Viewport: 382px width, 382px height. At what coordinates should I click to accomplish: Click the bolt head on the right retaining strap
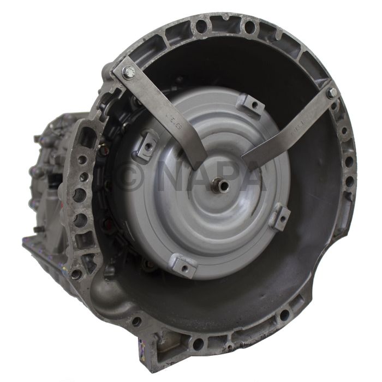coord(331,93)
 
